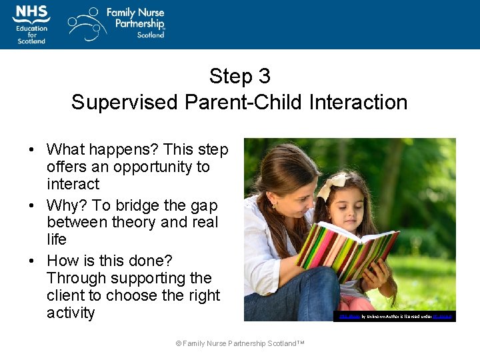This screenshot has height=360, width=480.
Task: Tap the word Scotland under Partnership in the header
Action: pos(151,35)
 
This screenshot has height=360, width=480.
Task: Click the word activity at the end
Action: pos(71,313)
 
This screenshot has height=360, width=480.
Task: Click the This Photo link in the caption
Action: pos(349,317)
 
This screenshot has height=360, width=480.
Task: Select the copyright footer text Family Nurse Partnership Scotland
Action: pos(240,343)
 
